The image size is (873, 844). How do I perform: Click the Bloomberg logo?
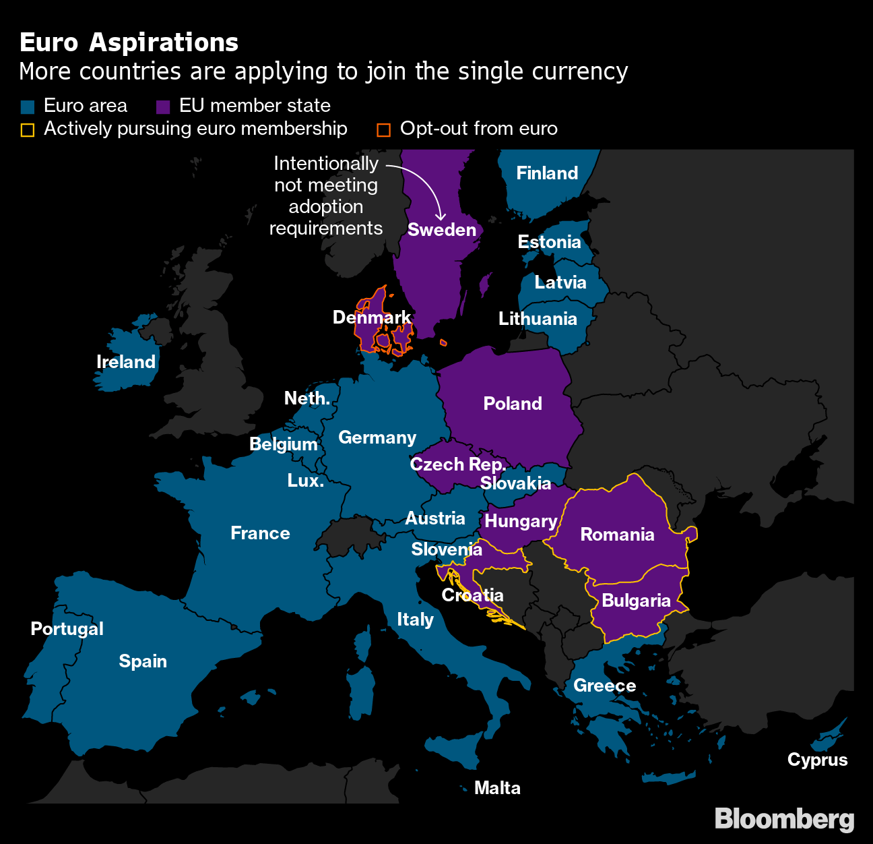click(x=784, y=819)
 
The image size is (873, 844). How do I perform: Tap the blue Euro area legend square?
click(x=28, y=107)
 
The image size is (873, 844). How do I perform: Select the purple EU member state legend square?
click(x=163, y=107)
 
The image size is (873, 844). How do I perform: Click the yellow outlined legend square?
click(x=28, y=129)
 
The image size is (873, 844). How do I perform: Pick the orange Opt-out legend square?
click(x=383, y=129)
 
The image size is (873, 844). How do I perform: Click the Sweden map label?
click(x=442, y=230)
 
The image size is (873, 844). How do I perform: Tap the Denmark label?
click(x=372, y=318)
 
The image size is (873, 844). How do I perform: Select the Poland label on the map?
click(x=513, y=404)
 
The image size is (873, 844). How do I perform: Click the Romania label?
click(x=617, y=535)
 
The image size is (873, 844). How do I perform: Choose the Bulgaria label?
click(x=636, y=601)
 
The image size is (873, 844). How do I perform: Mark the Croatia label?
click(x=472, y=595)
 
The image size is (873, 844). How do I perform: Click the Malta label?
click(x=497, y=788)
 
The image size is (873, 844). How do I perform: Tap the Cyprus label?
click(x=817, y=760)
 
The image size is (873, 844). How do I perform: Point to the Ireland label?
click(x=126, y=362)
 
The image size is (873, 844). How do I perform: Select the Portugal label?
click(x=67, y=629)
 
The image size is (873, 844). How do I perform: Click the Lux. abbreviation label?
click(x=305, y=481)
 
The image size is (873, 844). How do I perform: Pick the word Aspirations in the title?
click(x=164, y=42)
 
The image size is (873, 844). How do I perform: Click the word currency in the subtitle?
click(x=579, y=71)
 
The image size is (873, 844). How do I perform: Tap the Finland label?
click(x=547, y=173)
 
